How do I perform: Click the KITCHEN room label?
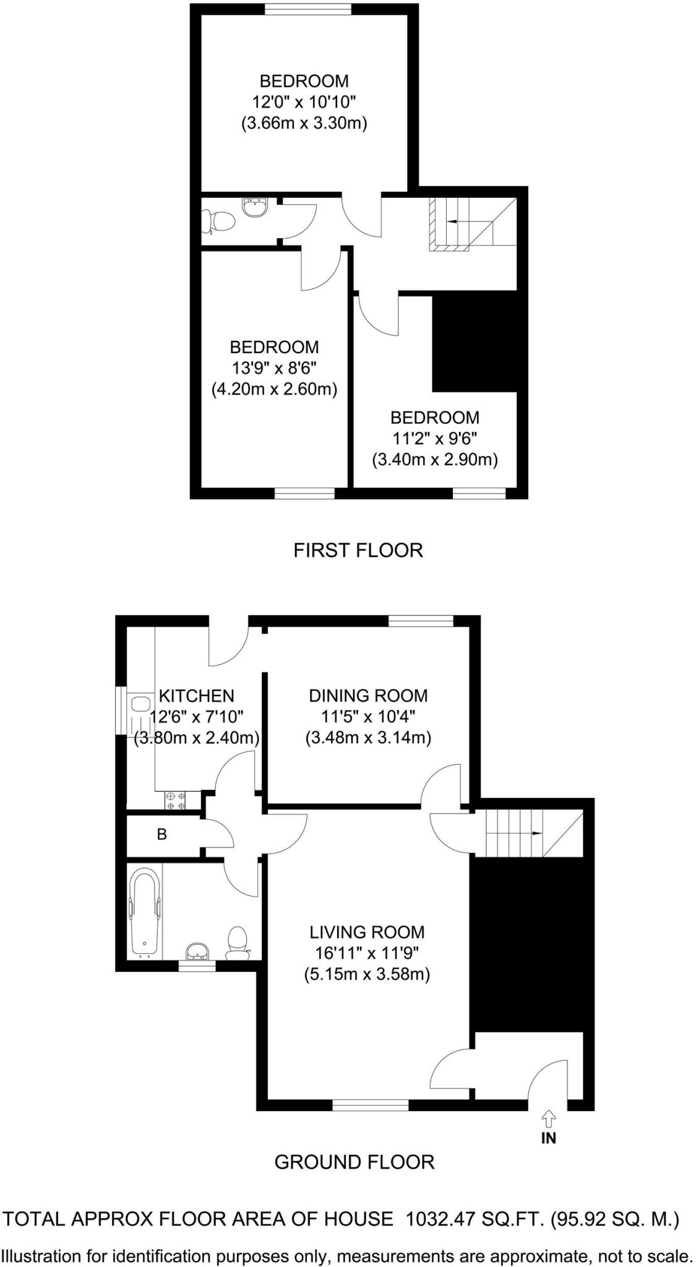196,696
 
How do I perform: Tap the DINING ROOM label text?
368,695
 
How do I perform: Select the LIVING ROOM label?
367,932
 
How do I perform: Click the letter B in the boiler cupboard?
162,835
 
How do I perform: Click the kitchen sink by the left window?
140,704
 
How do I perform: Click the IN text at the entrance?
549,1137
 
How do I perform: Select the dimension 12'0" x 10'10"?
304,102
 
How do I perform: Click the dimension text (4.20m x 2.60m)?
274,389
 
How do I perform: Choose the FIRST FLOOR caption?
358,550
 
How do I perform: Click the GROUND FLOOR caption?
354,1162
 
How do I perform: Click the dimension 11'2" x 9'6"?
435,439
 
